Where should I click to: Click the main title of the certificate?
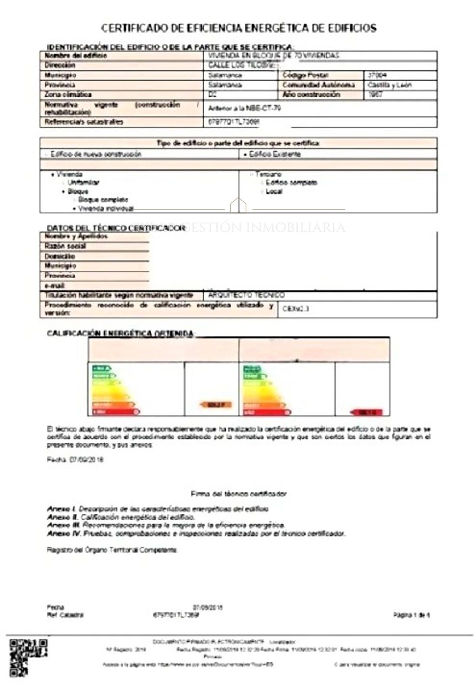click(238, 29)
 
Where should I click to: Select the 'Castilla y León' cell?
click(389, 85)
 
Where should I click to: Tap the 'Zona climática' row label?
click(68, 95)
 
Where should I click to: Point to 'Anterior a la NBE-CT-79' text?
click(244, 108)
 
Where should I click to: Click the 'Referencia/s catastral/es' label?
click(84, 122)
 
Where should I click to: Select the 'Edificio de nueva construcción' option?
click(95, 154)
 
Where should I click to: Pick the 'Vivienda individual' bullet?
click(106, 208)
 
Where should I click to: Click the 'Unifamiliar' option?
click(83, 183)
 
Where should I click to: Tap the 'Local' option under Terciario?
click(274, 192)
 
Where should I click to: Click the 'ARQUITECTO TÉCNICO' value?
click(246, 295)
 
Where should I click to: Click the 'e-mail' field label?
click(55, 286)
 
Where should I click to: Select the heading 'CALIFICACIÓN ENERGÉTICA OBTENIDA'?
click(120, 333)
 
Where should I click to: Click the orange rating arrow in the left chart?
click(216, 405)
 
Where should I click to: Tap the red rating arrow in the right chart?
click(367, 413)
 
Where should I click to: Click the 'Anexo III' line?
click(166, 525)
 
